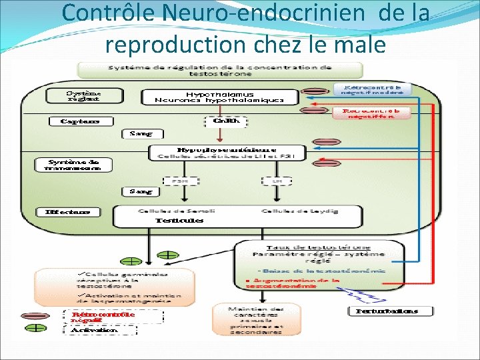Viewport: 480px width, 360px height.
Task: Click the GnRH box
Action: click(225, 122)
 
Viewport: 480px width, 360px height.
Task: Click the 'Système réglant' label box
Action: click(84, 95)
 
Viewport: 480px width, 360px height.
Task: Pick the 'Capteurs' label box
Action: click(81, 121)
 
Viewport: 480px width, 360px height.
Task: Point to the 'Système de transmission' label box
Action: click(73, 165)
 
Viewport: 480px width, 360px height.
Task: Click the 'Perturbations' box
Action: click(391, 311)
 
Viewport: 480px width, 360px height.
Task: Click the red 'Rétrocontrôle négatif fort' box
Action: click(371, 113)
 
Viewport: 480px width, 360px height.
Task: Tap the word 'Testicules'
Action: click(179, 221)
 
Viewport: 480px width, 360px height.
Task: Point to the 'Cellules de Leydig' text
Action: click(299, 211)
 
